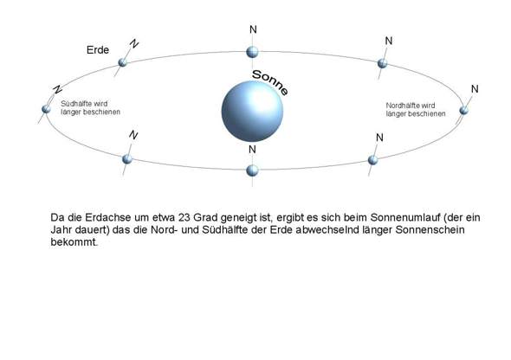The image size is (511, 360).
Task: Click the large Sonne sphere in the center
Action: pos(252,112)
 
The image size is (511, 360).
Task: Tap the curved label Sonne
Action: pos(270,82)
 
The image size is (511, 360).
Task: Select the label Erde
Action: pos(98,50)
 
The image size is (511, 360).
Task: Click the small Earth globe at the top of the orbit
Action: pos(252,52)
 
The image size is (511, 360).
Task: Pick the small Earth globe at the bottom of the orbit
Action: pos(252,170)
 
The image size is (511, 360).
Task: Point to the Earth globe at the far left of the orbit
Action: pos(46,109)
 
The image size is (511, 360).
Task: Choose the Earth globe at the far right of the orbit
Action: pos(463,111)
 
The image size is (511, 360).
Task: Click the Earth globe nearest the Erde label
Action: pos(122,62)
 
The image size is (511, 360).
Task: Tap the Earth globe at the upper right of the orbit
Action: pos(382,63)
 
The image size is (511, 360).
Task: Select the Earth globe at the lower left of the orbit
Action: pos(127,159)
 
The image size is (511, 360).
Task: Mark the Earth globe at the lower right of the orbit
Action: pos(372,160)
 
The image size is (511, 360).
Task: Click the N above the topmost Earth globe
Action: pos(253,29)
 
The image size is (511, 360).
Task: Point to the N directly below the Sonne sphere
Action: pos(252,150)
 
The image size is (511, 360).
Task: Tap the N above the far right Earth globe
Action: pos(475,89)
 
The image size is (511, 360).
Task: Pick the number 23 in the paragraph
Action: pos(184,217)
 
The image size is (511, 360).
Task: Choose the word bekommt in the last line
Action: pos(74,241)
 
